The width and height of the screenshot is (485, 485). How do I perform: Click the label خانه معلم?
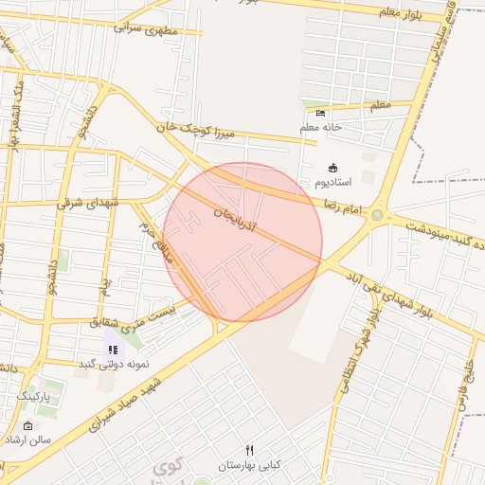(x=320, y=127)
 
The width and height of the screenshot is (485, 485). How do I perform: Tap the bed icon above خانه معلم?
(x=320, y=114)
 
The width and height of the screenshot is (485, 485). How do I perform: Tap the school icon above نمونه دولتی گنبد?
(x=114, y=350)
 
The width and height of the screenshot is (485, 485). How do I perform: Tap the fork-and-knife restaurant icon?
(x=250, y=450)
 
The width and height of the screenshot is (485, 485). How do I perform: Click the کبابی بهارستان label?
(x=250, y=465)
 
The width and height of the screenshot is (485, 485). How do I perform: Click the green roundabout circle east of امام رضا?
(x=378, y=215)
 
